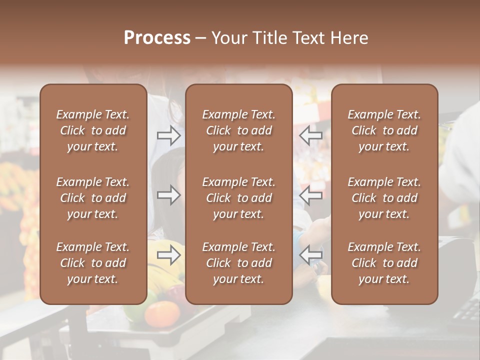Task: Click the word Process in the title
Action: tap(157, 38)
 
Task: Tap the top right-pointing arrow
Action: tap(169, 135)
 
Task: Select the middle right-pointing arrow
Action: tap(169, 195)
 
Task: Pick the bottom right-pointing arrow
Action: tap(169, 255)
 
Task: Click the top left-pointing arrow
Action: tap(311, 135)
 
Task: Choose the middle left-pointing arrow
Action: tap(311, 195)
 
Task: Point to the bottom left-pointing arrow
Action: tap(311, 255)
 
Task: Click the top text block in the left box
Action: tap(93, 130)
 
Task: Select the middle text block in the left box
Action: tap(93, 198)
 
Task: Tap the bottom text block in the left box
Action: tap(93, 263)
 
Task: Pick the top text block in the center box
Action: tap(239, 130)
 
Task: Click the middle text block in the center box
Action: tap(239, 198)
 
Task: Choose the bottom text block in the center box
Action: tap(239, 263)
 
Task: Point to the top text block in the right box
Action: tap(384, 130)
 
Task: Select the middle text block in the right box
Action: tap(384, 198)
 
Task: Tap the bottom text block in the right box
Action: tap(384, 263)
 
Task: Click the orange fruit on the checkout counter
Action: tap(162, 314)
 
